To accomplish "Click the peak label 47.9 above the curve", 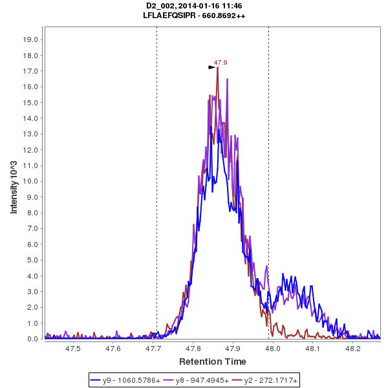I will (221, 63).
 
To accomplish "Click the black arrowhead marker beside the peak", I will (211, 67).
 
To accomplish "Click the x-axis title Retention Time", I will (212, 361).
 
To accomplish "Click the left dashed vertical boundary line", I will (156, 194).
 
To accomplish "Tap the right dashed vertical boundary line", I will (268, 194).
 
